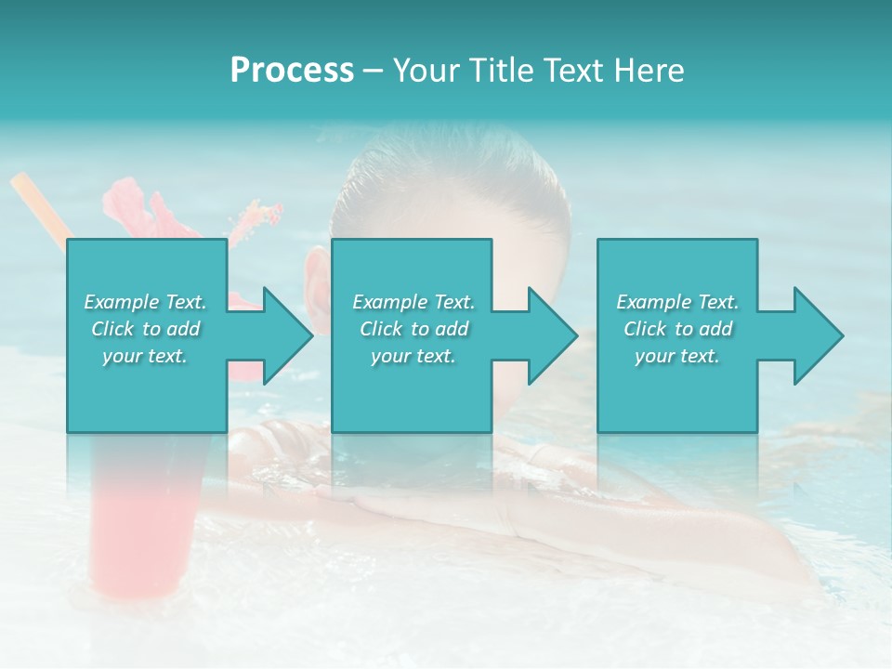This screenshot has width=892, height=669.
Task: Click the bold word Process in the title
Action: (x=292, y=71)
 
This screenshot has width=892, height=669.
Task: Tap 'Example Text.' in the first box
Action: (x=145, y=302)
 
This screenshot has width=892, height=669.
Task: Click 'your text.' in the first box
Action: (x=145, y=356)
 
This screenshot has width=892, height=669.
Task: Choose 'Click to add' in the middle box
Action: (x=413, y=329)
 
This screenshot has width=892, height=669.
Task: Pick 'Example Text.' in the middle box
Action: (x=413, y=302)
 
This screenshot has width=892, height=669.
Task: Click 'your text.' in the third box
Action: (x=677, y=356)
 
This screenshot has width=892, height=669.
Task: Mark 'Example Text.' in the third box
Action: (x=677, y=302)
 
